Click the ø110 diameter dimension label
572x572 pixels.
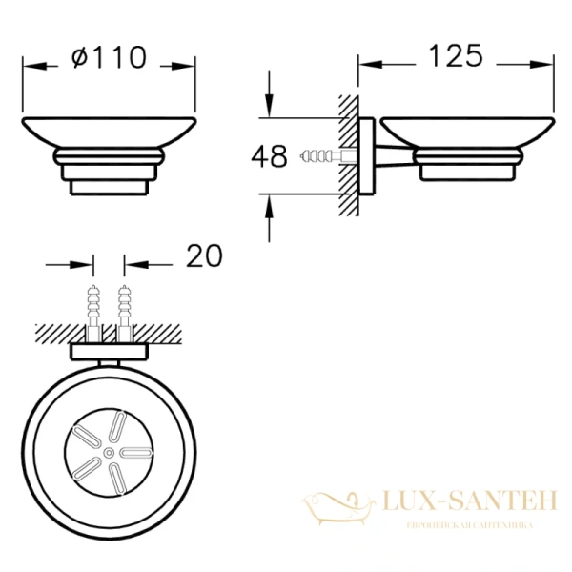pyautogui.click(x=110, y=57)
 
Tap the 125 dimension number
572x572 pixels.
pyautogui.click(x=456, y=56)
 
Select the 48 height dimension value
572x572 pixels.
pyautogui.click(x=269, y=156)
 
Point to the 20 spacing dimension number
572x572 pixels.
pyautogui.click(x=204, y=255)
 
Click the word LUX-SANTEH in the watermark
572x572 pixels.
pyautogui.click(x=470, y=500)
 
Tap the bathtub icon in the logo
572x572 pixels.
pyautogui.click(x=338, y=508)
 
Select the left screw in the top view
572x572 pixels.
pyautogui.click(x=93, y=314)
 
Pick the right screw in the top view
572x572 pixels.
pyautogui.click(x=125, y=314)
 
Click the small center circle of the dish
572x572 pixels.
pyautogui.click(x=109, y=453)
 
